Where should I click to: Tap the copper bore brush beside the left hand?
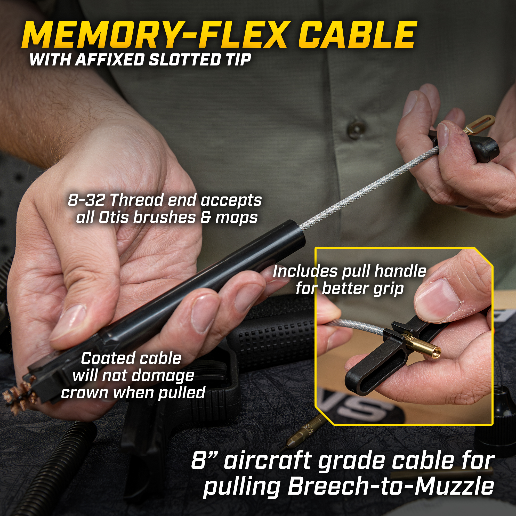[19, 391]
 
